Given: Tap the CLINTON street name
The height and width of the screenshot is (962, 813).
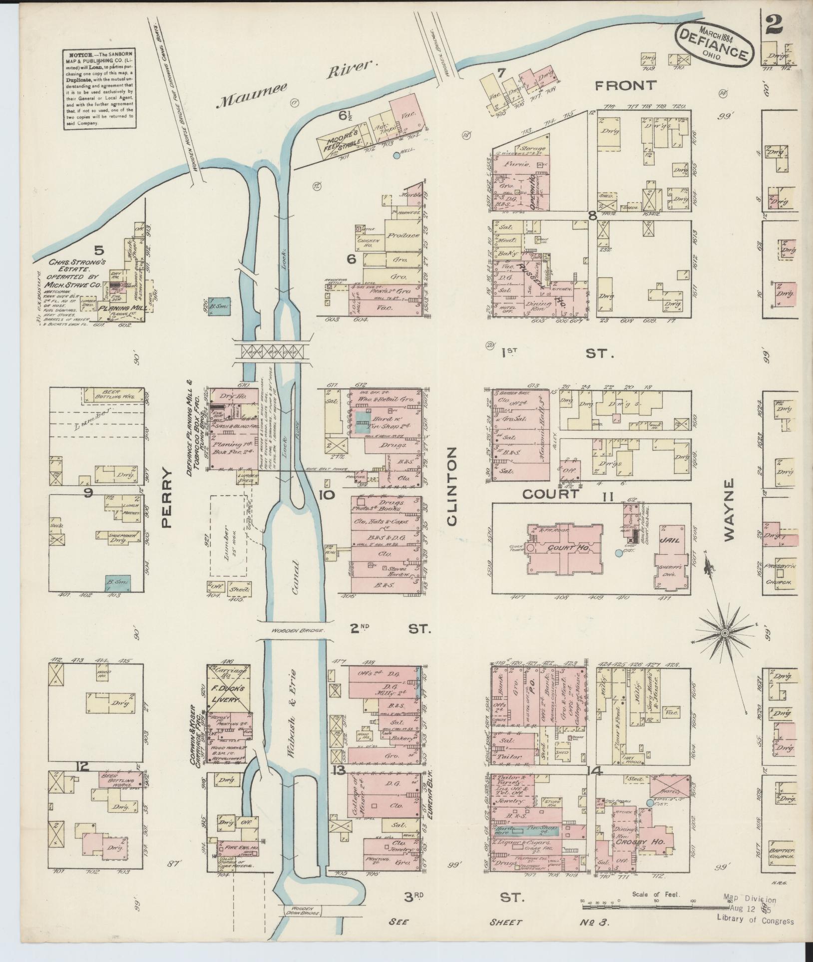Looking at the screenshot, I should click(x=452, y=485).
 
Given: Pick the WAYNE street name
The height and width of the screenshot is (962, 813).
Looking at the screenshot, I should click(x=730, y=509).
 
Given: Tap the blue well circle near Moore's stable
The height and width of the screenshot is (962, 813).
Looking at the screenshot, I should click(x=397, y=155).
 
